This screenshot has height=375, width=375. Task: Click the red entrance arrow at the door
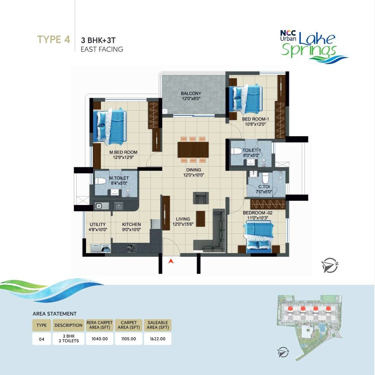coord(171,261)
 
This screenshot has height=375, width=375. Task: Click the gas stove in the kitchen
coord(131,249)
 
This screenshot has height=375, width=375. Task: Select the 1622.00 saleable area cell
coord(157,339)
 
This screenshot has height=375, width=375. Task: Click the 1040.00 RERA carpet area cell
coord(99,339)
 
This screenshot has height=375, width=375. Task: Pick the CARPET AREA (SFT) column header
coord(129,325)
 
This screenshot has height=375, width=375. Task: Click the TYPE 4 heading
coord(54,39)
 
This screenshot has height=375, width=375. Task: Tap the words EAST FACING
coord(102,49)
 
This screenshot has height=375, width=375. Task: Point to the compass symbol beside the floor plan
coord(330,265)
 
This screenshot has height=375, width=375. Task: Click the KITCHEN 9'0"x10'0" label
coord(132,227)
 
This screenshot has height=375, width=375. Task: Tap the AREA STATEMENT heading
coord(55,314)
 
